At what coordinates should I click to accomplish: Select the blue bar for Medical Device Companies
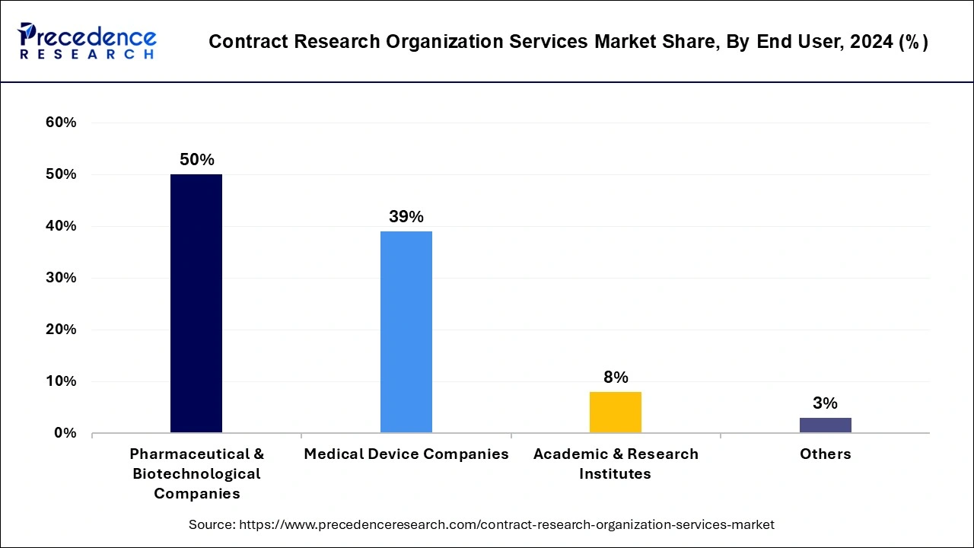click(x=406, y=332)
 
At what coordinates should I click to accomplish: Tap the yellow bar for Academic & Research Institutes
click(x=616, y=412)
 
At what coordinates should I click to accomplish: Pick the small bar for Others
click(x=825, y=425)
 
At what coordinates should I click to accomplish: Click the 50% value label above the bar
click(x=196, y=160)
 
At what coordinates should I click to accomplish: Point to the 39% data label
click(x=406, y=217)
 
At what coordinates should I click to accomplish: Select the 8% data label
click(x=616, y=378)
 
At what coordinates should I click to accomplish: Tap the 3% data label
click(x=825, y=403)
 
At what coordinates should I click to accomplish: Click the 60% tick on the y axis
click(x=62, y=123)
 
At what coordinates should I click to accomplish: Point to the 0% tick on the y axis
click(x=65, y=433)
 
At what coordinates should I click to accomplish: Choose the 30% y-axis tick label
click(x=62, y=278)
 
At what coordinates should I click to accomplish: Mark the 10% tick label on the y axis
click(x=62, y=381)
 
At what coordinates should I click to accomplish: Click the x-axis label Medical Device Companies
click(x=406, y=454)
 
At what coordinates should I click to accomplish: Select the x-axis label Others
click(x=825, y=454)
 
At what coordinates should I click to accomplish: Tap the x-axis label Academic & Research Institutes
click(x=616, y=464)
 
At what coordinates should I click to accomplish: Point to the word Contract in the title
click(x=243, y=42)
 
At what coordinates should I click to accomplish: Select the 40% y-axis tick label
click(x=62, y=226)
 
